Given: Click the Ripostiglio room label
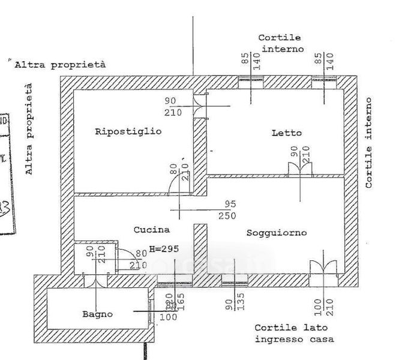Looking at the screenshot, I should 128,132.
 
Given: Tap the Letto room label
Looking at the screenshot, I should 286,133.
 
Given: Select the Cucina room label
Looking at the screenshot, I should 151,229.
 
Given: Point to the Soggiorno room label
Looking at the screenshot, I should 277,232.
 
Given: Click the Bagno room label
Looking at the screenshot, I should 97,314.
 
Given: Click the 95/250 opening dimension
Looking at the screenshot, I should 226,209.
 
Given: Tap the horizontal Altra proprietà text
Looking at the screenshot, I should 60,64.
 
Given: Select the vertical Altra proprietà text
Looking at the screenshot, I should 29,128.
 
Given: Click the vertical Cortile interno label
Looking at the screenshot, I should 368,143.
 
